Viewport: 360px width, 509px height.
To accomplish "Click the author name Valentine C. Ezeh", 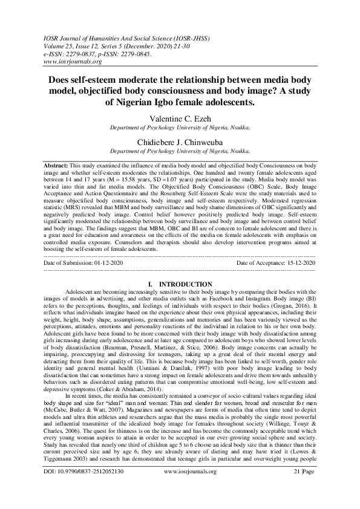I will (x=179, y=119).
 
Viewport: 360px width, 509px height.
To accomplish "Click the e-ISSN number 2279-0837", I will (x=83, y=53).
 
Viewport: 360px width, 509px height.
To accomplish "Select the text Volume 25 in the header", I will (x=59, y=45).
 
